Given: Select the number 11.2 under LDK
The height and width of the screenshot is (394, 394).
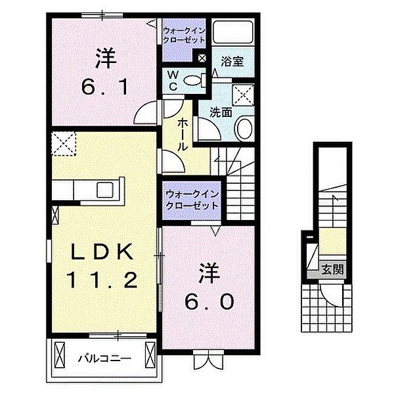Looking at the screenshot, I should point(102,281).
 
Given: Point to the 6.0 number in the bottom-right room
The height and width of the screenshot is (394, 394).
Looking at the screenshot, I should point(207,299).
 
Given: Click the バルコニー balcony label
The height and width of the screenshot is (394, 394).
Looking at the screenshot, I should point(105,359).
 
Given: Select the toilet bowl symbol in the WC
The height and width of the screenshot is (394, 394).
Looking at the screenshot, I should point(193,81).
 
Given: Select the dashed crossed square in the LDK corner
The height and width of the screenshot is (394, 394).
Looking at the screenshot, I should point(64,142).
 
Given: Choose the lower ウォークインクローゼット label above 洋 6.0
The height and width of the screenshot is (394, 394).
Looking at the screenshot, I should point(191,200).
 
